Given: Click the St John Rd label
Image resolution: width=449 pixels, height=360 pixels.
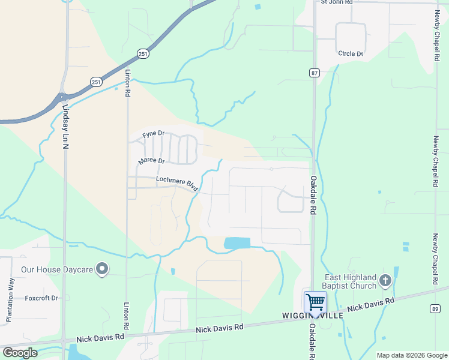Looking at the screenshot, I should [x=336, y=2].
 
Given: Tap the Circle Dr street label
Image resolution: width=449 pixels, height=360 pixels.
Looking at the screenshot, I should [x=351, y=54].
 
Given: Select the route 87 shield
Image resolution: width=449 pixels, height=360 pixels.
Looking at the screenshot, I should [x=315, y=73].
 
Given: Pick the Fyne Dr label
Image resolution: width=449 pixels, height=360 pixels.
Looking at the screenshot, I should [x=153, y=135].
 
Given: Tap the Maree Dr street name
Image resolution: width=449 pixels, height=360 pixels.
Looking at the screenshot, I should [x=151, y=161].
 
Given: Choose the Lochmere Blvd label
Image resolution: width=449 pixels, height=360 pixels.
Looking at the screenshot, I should [x=177, y=182].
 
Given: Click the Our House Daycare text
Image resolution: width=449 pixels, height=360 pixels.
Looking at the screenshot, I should [x=57, y=270].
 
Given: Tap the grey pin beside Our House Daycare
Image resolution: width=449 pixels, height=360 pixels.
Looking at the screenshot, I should [x=102, y=269].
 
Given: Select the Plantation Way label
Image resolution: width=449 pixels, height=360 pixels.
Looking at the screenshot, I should [x=10, y=300].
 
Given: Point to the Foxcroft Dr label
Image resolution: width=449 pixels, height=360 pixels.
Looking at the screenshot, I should [x=41, y=298].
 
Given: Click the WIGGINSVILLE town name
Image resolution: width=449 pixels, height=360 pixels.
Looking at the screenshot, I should [x=313, y=316].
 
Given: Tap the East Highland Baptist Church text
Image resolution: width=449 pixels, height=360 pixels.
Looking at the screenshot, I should [x=351, y=282].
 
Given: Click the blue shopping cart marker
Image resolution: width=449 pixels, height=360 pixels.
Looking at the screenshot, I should [x=315, y=301].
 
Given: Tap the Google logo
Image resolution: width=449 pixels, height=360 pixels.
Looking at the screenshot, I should [x=20, y=353].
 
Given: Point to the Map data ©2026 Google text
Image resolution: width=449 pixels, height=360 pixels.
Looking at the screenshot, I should [x=412, y=355].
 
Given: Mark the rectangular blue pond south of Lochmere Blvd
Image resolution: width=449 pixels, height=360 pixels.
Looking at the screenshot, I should [x=237, y=243].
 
